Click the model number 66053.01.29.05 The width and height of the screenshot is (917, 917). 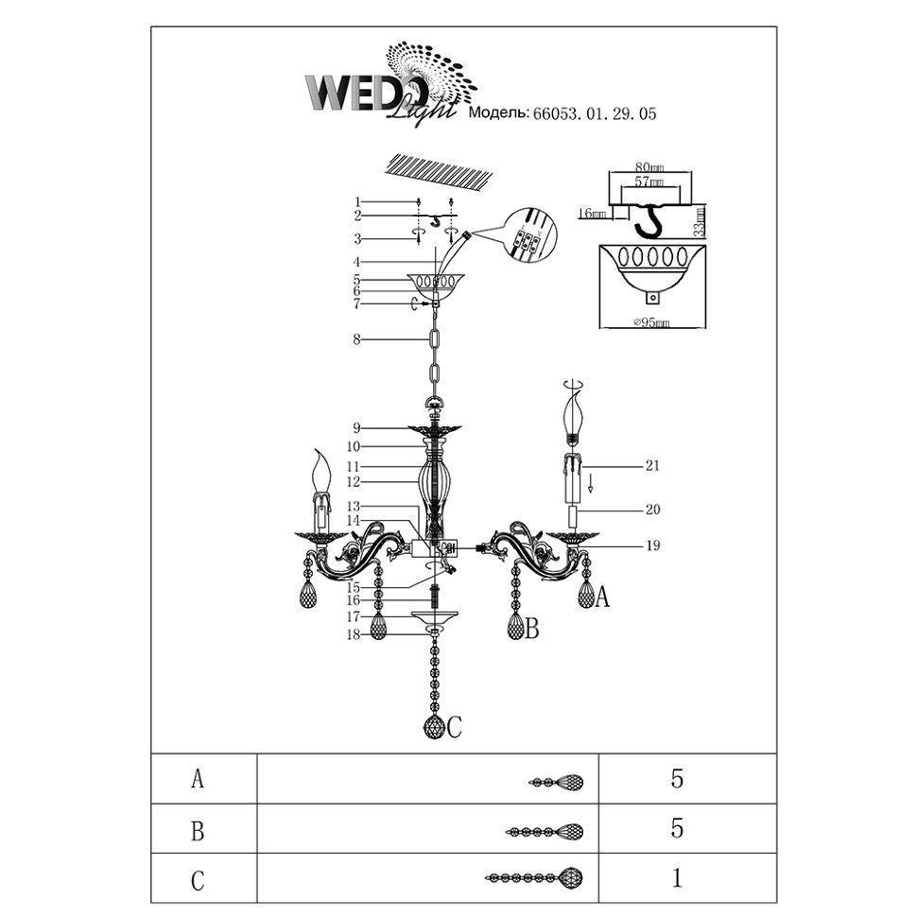(x=595, y=112)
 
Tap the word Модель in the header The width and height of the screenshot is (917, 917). (x=498, y=112)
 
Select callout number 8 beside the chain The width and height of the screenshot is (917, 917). (x=357, y=339)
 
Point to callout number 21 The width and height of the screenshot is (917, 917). (x=651, y=466)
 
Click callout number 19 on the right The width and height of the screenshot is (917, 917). (x=653, y=545)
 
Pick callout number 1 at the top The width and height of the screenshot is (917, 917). (x=358, y=202)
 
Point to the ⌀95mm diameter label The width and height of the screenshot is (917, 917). (x=647, y=323)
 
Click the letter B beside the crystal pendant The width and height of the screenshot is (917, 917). (x=531, y=628)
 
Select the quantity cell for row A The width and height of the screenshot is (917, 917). (x=676, y=779)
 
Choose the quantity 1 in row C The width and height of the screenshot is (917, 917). (x=676, y=878)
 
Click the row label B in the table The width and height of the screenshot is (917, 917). (x=198, y=829)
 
